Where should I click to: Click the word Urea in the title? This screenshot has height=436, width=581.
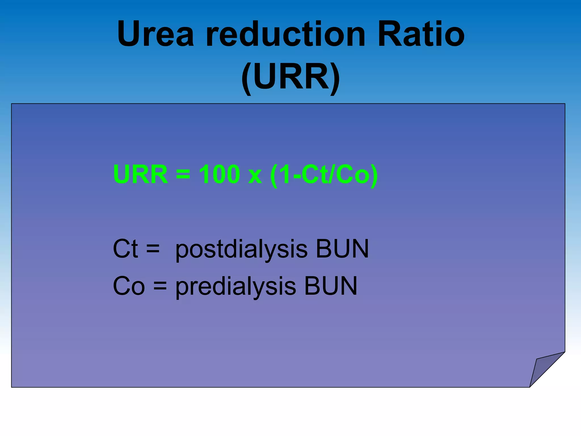[155, 34]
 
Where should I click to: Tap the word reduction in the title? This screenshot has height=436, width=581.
[285, 34]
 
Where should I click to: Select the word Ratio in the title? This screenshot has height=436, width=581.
[421, 34]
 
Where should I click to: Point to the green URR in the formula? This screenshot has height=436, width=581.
[140, 174]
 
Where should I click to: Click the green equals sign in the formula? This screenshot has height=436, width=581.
[183, 174]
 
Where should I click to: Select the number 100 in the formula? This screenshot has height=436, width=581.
[219, 174]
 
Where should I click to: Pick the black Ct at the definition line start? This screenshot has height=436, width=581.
[125, 249]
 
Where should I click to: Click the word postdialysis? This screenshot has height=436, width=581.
[241, 250]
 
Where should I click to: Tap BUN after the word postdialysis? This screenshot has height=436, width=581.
[342, 249]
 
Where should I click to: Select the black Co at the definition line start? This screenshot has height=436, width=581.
[129, 286]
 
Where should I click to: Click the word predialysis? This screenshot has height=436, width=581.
[236, 287]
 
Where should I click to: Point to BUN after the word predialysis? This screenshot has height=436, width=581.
[331, 286]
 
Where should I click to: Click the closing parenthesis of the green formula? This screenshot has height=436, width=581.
[374, 175]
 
